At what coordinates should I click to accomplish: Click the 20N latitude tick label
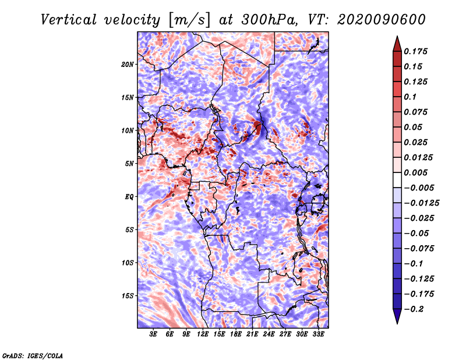pos(128,64)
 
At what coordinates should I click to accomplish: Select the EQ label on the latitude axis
pos(129,197)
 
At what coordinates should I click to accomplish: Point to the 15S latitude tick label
pos(128,296)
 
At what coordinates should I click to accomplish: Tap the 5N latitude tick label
pos(129,164)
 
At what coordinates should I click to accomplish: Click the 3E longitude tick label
pos(153,334)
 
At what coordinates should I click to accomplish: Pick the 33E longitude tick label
pos(319,334)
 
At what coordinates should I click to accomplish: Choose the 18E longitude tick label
pos(236,334)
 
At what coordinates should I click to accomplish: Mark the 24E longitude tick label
pos(269,334)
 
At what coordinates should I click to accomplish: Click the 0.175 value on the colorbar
pos(418,51)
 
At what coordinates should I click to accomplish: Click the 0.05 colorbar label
pos(415,127)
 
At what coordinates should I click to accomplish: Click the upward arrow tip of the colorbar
pos(397,38)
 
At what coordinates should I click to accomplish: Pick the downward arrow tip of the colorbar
pos(397,322)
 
